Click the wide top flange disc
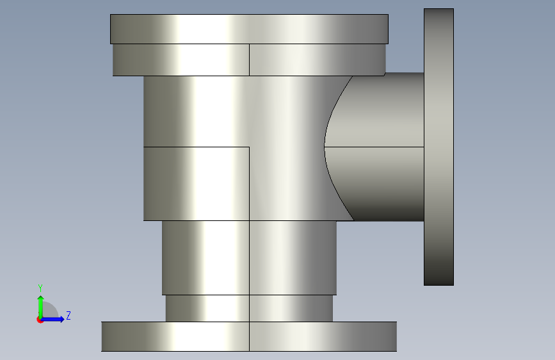pyautogui.click(x=249, y=29)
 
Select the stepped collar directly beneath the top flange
pyautogui.click(x=249, y=60)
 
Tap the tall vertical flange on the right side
pyautogui.click(x=439, y=147)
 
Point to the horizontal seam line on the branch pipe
pyautogui.click(x=374, y=147)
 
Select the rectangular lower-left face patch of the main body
pyautogui.click(x=197, y=184)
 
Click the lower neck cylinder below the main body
pyautogui.click(x=249, y=258)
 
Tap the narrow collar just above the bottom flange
pyautogui.click(x=249, y=308)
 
